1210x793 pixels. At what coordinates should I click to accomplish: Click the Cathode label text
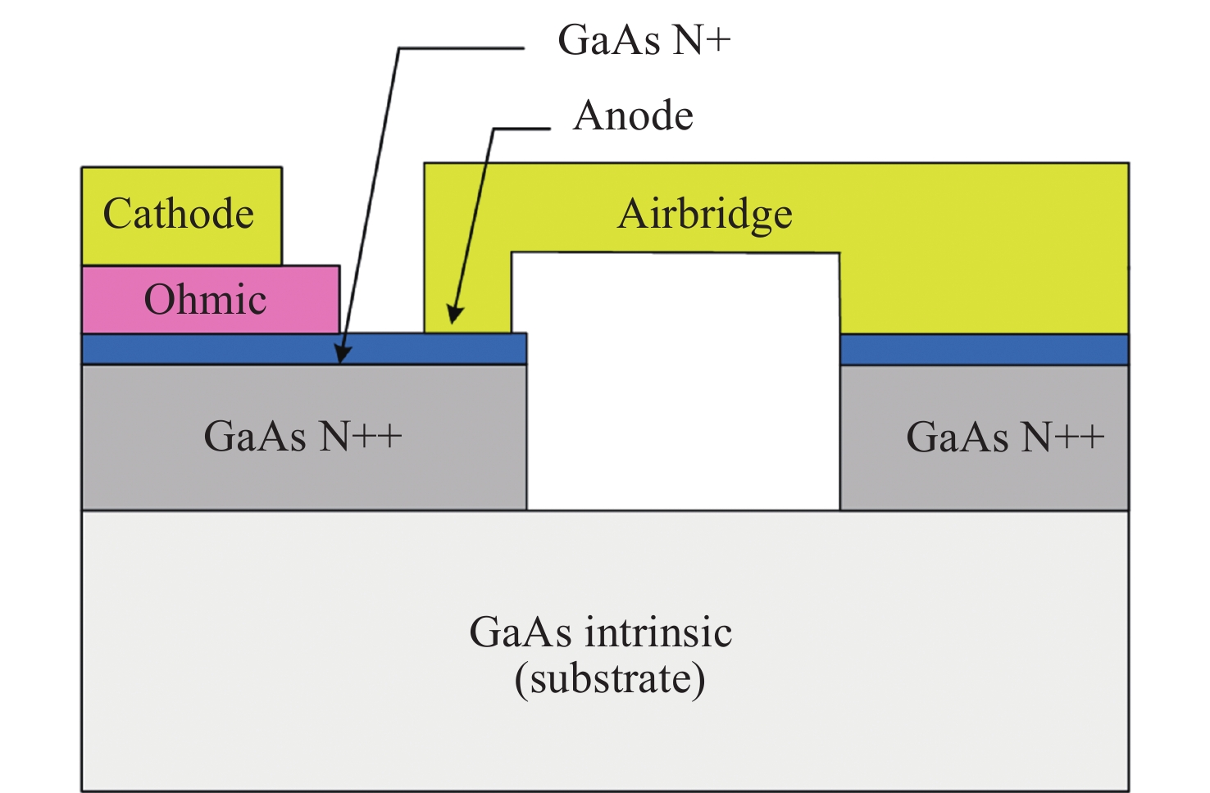[x=179, y=214]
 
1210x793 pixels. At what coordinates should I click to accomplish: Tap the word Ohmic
[x=205, y=300]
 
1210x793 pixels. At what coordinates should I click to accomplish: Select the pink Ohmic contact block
[x=303, y=299]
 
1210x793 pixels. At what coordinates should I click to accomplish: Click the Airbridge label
[x=705, y=215]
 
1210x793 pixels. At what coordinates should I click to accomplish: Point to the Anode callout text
[x=634, y=116]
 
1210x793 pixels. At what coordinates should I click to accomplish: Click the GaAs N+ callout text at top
[x=644, y=40]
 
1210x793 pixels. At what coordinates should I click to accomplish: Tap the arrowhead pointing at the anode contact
[x=453, y=315]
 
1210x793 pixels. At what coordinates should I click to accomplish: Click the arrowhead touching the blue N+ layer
[x=343, y=355]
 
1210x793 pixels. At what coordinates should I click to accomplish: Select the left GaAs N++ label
[x=302, y=436]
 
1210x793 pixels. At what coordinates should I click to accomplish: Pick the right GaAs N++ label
[x=1005, y=437]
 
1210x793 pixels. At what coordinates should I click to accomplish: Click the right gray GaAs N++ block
[x=984, y=483]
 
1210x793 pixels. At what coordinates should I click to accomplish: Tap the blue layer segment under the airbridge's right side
[x=984, y=350]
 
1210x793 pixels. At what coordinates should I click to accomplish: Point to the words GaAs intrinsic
[x=600, y=632]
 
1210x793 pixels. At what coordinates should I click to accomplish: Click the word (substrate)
[x=610, y=679]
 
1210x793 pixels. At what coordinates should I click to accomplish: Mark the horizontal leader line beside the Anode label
[x=521, y=129]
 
